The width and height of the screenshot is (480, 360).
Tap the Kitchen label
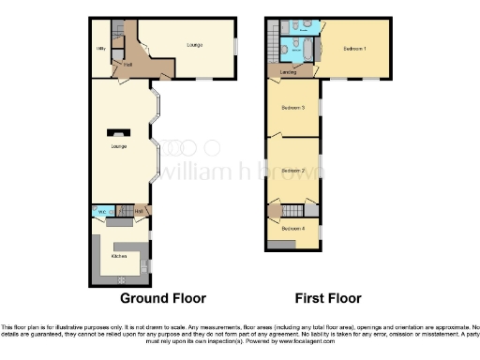pos(119,255)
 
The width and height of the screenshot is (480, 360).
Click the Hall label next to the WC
pos(139,213)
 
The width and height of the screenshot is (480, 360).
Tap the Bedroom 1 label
pos(353,48)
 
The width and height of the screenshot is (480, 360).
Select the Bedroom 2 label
pos(293,170)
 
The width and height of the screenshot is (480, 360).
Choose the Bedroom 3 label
pos(293,108)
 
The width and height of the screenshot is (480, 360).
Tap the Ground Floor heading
pos(162,299)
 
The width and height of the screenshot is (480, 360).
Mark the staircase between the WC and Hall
pos(120,213)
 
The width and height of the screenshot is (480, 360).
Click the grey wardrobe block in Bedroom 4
pos(279,246)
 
